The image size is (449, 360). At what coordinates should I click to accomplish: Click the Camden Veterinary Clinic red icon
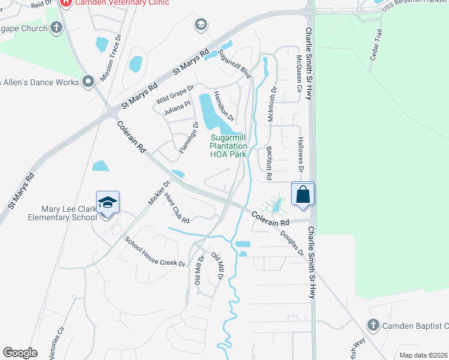(x=66, y=2)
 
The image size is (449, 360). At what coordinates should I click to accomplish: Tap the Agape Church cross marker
(x=56, y=27)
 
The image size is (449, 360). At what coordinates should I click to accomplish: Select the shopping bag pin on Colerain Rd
(x=303, y=194)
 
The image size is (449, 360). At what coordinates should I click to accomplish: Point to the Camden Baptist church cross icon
(x=373, y=325)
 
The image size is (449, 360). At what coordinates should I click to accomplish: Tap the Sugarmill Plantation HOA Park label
(x=228, y=146)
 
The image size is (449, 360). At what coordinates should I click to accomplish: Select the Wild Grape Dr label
(x=175, y=94)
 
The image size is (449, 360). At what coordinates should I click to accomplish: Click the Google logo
(x=20, y=352)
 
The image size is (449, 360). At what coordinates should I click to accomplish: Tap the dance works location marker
(x=88, y=82)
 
